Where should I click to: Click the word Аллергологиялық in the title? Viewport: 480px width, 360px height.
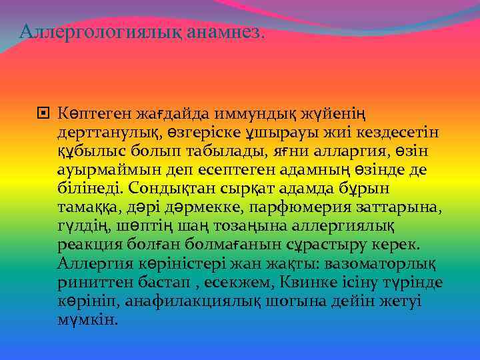(85, 31)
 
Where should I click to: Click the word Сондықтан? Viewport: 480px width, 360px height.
(167, 189)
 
